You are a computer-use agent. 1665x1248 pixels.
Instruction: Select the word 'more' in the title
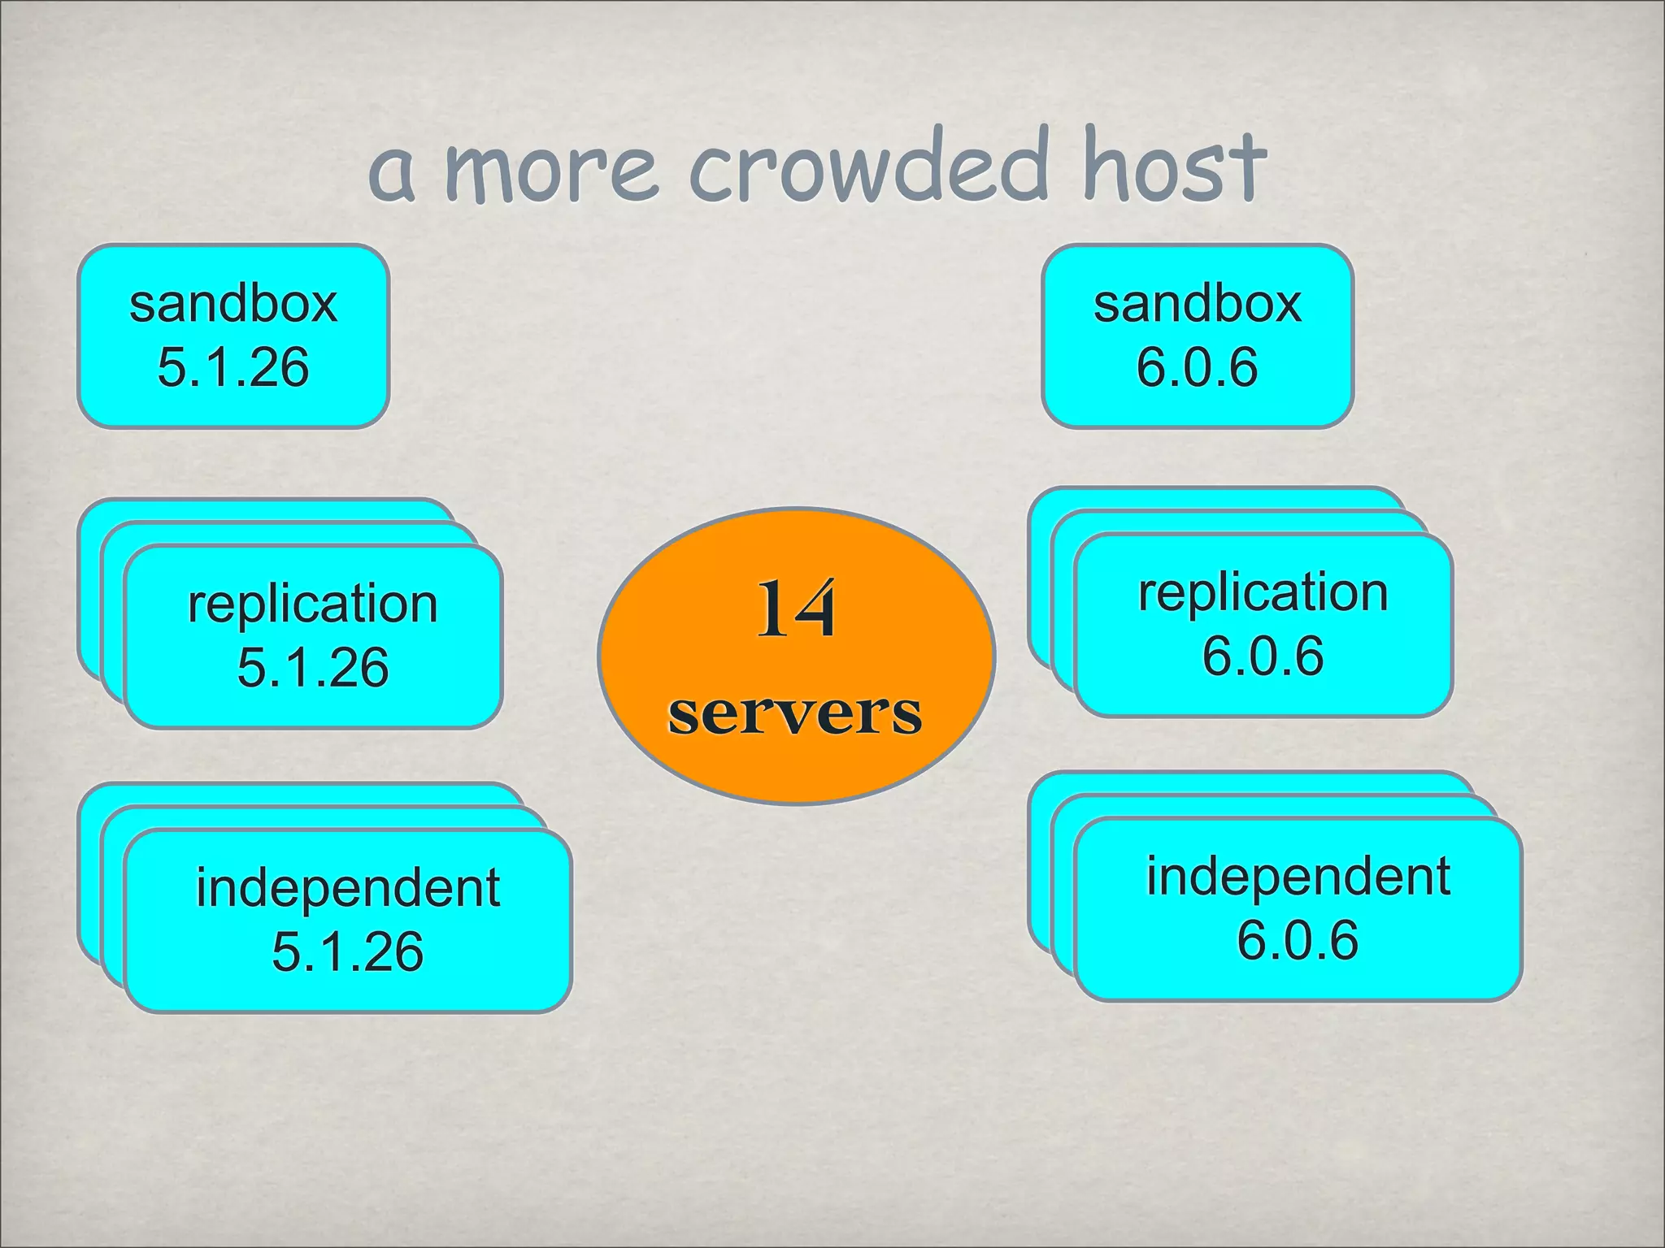click(x=551, y=171)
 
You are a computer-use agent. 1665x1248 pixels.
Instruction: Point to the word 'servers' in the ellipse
click(x=795, y=713)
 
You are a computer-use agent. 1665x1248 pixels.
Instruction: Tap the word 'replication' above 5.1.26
click(x=313, y=604)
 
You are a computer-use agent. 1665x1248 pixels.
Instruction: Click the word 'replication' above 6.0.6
click(x=1263, y=592)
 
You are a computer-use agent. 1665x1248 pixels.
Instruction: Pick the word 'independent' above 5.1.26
click(x=348, y=887)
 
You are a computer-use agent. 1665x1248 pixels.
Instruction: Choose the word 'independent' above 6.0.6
click(x=1298, y=876)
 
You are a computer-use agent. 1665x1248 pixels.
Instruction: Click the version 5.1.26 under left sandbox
click(x=233, y=366)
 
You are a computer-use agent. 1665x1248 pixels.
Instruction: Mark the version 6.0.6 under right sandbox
click(x=1197, y=366)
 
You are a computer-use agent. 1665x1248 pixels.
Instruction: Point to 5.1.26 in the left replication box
click(x=313, y=667)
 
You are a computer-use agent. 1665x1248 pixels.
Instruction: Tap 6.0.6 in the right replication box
click(x=1263, y=656)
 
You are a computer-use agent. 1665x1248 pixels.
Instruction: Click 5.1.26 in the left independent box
click(x=348, y=951)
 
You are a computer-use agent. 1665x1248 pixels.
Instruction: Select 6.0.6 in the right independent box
click(x=1298, y=940)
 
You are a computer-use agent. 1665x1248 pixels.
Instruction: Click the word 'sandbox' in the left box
click(x=233, y=304)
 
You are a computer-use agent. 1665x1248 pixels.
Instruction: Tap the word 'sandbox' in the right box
click(x=1197, y=304)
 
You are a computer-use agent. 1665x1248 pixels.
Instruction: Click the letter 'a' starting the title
click(x=392, y=175)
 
